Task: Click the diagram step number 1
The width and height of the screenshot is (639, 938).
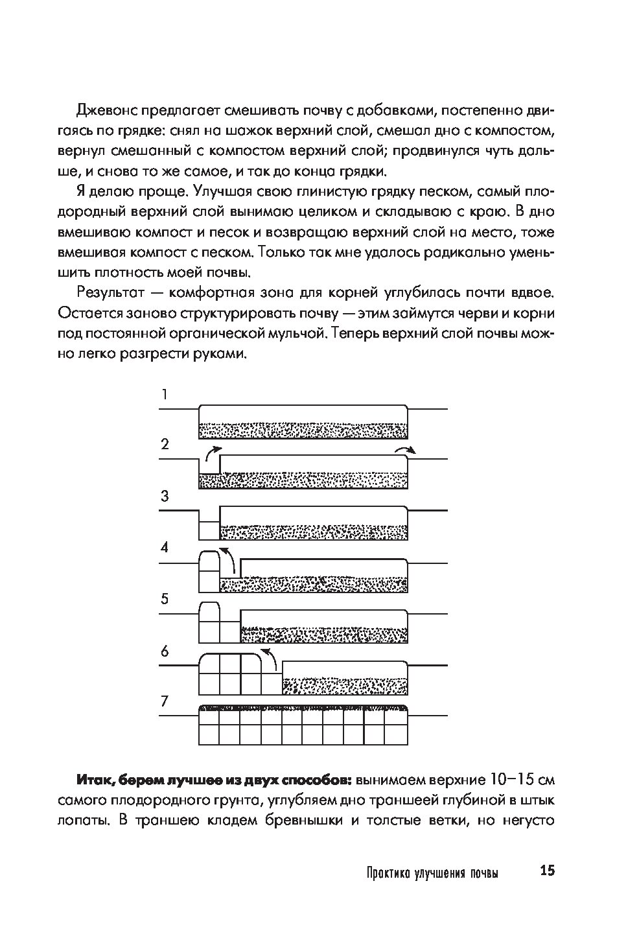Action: click(x=165, y=393)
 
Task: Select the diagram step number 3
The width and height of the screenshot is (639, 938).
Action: click(x=165, y=496)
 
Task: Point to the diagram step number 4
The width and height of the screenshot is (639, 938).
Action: click(x=165, y=548)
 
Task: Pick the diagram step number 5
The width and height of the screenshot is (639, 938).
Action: click(x=165, y=598)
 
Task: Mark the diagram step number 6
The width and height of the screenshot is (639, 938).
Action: click(x=165, y=651)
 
